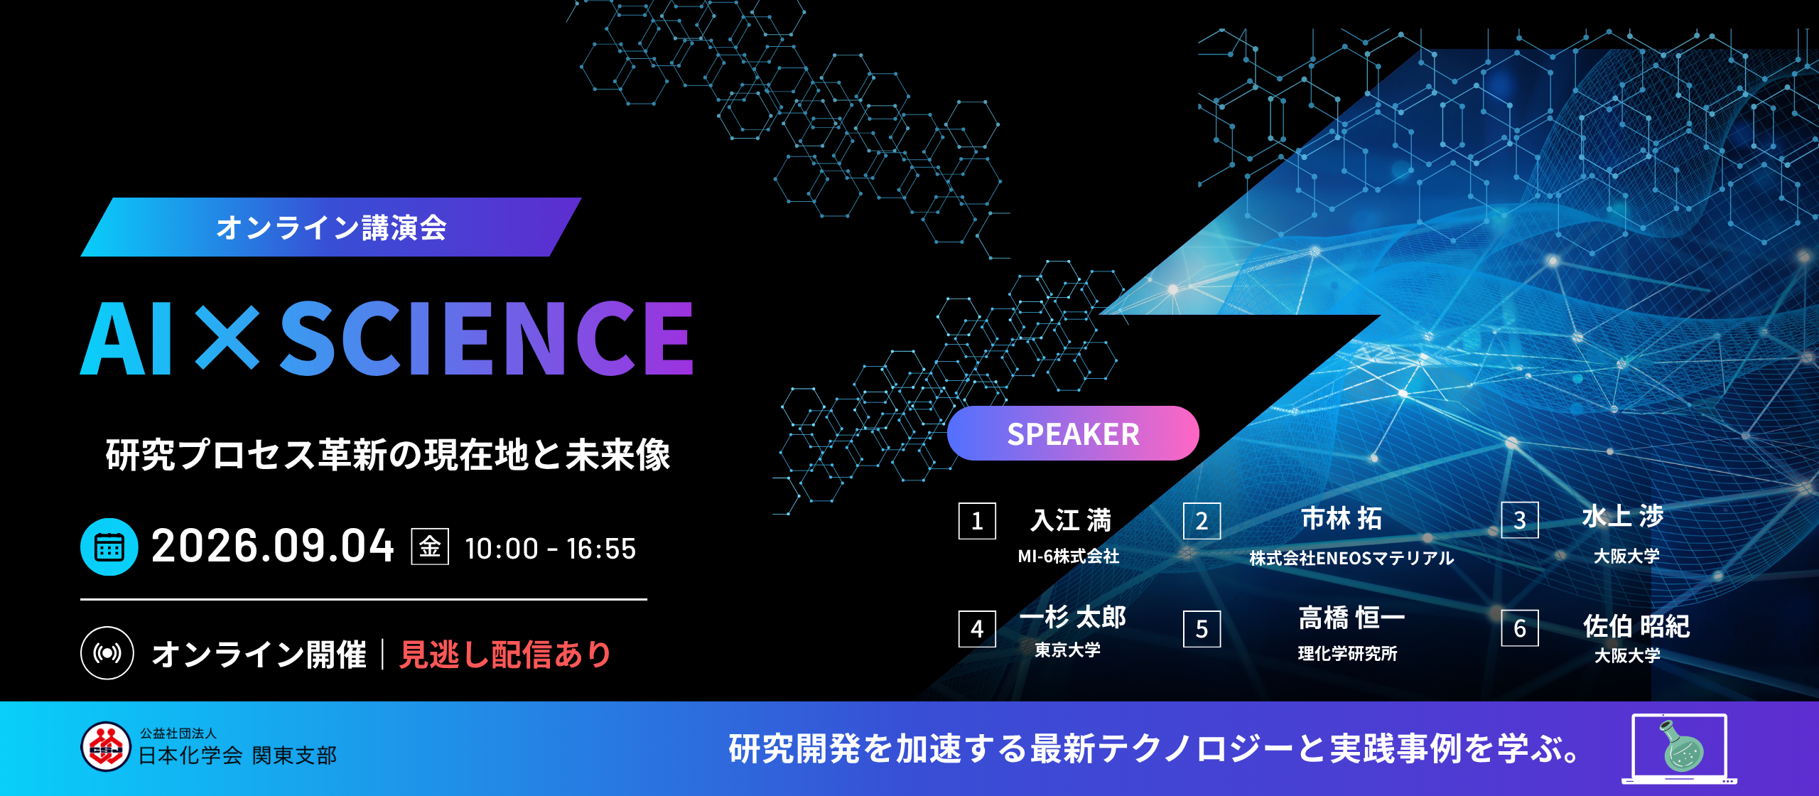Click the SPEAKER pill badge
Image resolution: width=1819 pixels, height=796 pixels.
point(1073,434)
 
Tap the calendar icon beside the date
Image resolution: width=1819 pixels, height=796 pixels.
point(109,547)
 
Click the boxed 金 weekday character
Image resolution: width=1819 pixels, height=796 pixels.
point(430,547)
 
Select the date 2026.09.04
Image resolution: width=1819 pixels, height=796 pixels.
point(272,546)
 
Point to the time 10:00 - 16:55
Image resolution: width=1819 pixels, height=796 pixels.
point(550,549)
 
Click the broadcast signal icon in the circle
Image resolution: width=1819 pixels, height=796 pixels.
point(107,652)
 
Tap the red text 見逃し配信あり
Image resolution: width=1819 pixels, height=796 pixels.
point(504,654)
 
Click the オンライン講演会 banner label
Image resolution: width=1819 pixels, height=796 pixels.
point(331,227)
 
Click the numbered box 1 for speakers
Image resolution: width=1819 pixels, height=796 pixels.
point(977,521)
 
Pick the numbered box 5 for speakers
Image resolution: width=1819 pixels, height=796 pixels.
point(1202,629)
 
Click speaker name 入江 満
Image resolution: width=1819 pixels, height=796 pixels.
point(1070,520)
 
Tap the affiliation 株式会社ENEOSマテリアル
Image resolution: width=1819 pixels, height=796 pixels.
point(1351,558)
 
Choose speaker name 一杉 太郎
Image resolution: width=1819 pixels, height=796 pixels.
point(1073,617)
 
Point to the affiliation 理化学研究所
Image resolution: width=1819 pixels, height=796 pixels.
point(1347,653)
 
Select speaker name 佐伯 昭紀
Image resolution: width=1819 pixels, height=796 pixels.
point(1636,626)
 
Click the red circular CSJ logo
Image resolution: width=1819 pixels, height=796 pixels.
point(106,746)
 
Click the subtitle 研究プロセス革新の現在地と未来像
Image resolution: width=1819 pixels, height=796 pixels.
point(388,455)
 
